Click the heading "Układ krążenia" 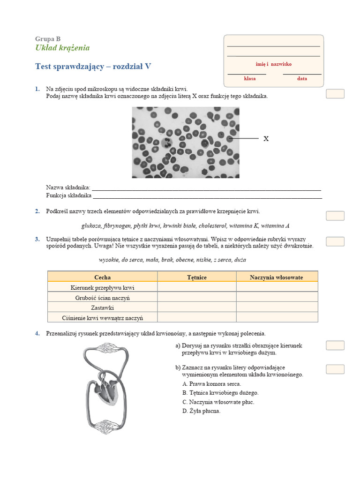click(62, 48)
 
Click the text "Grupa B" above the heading click(47, 39)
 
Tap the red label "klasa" click(250, 79)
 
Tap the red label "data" click(302, 79)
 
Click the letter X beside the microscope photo click(266, 139)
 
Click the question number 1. click(37, 89)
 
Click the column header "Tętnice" click(197, 277)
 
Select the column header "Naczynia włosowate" click(277, 277)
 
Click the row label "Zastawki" click(103, 307)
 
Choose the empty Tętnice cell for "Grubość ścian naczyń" click(197, 298)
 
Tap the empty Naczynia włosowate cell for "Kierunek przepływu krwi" click(277, 287)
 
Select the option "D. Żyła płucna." click(201, 411)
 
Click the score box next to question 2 click(335, 216)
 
